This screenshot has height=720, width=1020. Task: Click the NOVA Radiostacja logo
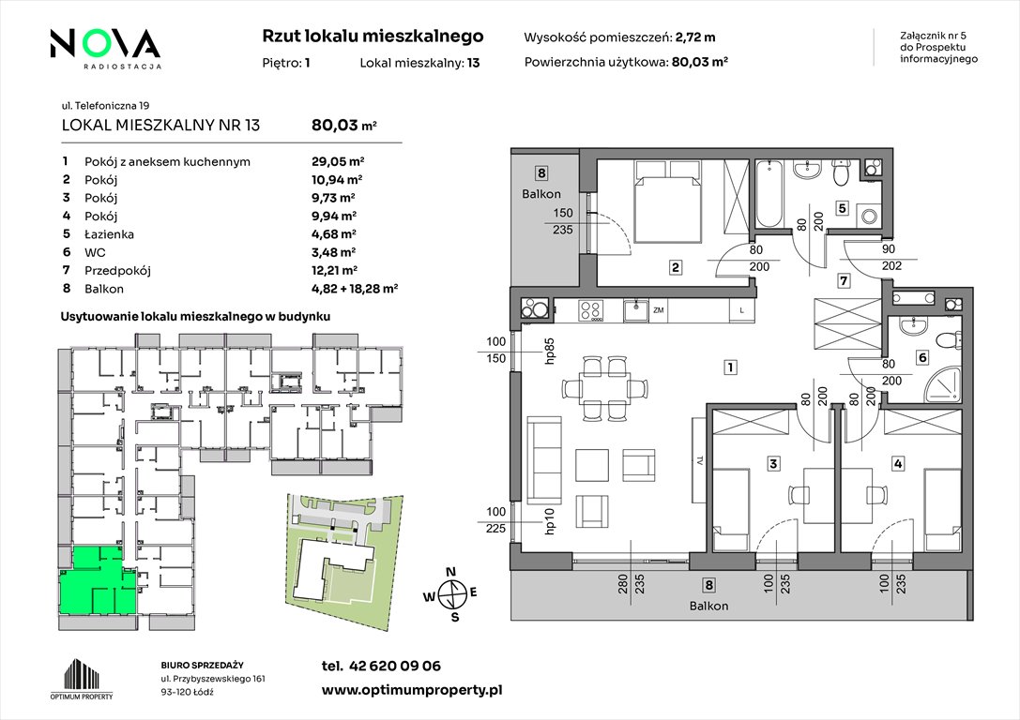coord(105,48)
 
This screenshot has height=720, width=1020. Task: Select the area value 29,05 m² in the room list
coord(338,162)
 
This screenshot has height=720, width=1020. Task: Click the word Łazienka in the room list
coord(109,234)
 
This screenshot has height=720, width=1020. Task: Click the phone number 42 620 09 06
coord(395,666)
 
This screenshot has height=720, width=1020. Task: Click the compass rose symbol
coord(450,594)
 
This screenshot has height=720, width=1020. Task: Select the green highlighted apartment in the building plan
coord(98,581)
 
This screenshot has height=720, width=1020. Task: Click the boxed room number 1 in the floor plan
coord(731,367)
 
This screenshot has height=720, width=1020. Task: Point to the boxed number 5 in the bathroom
coord(843,208)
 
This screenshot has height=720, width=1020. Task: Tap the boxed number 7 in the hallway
coord(844,280)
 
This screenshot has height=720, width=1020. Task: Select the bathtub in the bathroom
coord(769,194)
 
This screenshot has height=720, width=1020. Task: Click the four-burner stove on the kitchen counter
coord(590,310)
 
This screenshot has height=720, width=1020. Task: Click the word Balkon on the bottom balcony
coord(709,606)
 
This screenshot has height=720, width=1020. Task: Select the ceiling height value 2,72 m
coord(695,37)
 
